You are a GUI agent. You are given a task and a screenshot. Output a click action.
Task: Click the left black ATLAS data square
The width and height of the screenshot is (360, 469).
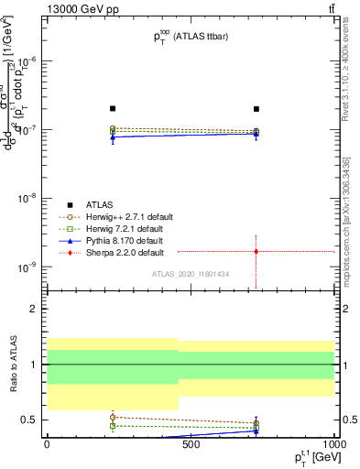(x=113, y=108)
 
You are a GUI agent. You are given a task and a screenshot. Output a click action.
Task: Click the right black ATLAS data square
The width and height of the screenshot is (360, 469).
(x=256, y=108)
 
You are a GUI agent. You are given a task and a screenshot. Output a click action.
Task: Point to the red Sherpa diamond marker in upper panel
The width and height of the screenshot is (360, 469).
(x=256, y=251)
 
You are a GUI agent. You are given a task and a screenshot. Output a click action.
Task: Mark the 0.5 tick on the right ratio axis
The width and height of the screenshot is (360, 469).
(x=348, y=420)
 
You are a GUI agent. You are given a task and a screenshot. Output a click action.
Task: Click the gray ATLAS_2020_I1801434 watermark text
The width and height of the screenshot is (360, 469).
(x=191, y=275)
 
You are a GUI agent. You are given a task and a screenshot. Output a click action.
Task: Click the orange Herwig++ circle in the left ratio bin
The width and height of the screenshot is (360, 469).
(x=113, y=417)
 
